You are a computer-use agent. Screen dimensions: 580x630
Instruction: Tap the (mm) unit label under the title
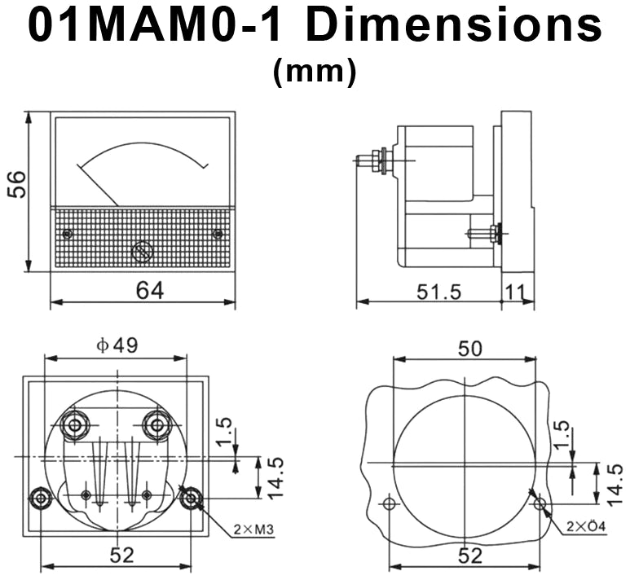point(315,72)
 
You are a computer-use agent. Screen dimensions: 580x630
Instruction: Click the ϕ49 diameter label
point(117,345)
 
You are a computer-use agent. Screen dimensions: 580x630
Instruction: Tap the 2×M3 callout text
point(252,530)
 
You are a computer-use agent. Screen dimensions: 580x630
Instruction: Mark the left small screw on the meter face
point(68,235)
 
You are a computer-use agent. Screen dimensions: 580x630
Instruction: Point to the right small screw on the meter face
point(217,235)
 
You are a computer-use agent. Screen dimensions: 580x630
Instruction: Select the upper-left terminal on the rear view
point(76,424)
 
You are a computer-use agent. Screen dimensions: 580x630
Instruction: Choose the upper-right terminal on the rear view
point(156,424)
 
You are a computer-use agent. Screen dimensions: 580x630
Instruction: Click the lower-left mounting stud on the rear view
point(39,499)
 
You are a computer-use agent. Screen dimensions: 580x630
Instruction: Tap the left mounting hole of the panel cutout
point(389,504)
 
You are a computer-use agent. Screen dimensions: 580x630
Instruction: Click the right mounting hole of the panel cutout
point(539,505)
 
